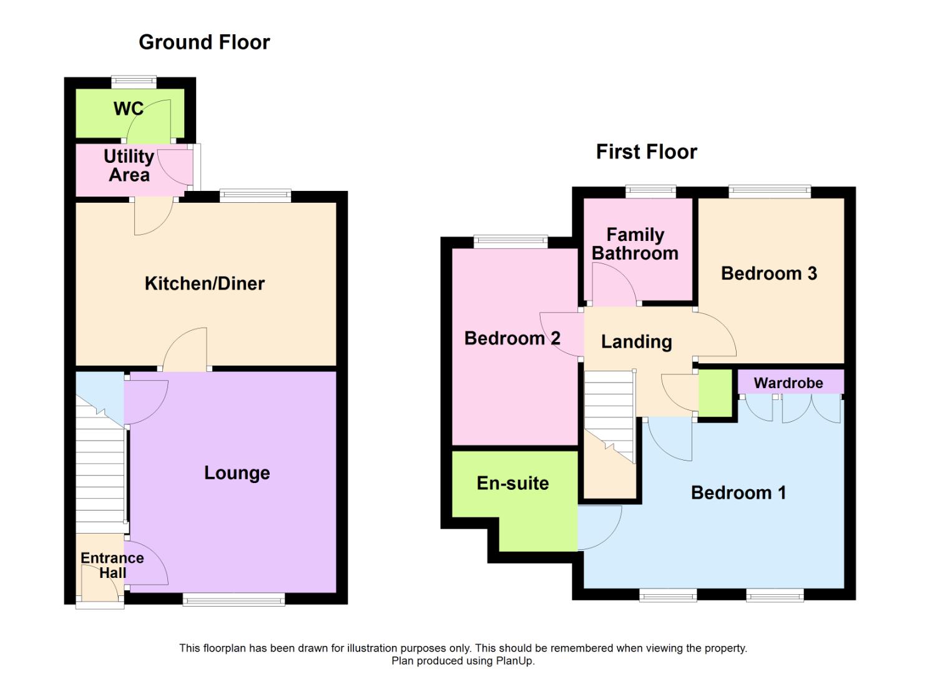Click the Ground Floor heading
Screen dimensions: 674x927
204,42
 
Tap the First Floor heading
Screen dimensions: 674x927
646,152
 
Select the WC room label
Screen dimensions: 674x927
128,109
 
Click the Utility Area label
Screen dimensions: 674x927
129,165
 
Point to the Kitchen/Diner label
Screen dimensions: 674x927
205,284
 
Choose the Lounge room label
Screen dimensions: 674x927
237,473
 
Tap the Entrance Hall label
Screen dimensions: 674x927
112,565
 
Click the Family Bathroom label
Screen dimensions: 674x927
635,244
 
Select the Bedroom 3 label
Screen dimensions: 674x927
768,273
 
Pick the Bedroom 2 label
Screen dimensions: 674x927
512,338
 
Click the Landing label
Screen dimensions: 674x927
636,342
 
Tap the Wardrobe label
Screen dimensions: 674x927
788,383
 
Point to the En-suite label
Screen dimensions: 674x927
513,483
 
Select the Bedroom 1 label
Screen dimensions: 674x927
738,493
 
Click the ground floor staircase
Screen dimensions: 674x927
100,474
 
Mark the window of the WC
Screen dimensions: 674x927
134,81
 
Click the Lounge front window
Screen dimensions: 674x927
233,600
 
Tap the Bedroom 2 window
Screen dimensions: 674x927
511,241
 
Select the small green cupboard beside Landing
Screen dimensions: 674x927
715,393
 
